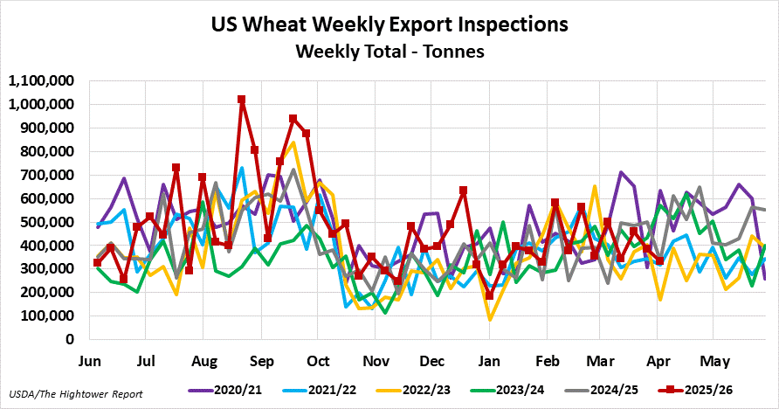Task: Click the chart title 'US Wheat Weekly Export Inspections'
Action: pyautogui.click(x=389, y=24)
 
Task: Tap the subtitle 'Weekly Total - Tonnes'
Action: pyautogui.click(x=389, y=52)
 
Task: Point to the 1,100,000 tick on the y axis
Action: pyautogui.click(x=42, y=81)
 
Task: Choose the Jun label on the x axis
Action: pyautogui.click(x=91, y=360)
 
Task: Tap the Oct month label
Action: pyautogui.click(x=318, y=360)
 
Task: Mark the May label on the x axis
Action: pyautogui.click(x=715, y=360)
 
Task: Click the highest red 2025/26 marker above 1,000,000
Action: pyautogui.click(x=241, y=100)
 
